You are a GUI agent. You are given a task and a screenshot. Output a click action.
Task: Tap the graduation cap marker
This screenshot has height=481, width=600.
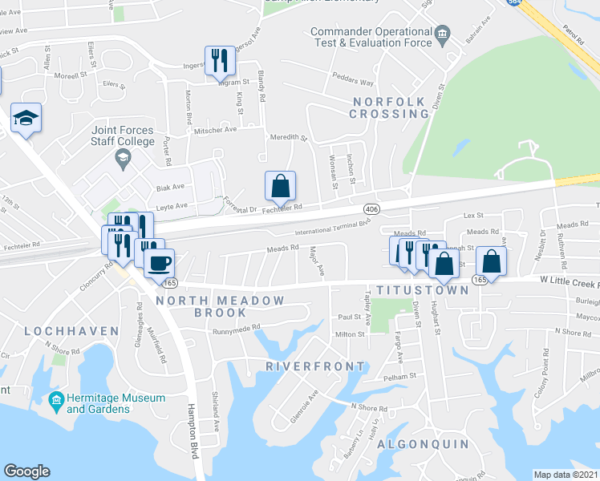point(26,119)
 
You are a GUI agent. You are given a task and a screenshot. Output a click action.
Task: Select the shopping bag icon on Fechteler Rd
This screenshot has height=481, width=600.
point(280,186)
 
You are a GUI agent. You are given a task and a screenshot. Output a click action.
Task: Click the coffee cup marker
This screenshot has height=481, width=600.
point(160,262)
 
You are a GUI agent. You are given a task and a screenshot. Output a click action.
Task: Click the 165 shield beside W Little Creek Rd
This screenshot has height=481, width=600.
point(480,280)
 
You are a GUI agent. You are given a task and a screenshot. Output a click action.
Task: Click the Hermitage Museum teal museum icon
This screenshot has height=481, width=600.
point(57,399)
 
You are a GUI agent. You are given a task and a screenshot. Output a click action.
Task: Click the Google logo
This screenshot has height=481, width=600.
point(26,471)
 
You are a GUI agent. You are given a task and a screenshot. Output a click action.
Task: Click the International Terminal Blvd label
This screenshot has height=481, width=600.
point(330,231)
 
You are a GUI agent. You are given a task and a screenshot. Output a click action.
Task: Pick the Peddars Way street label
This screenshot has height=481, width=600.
point(354,82)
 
